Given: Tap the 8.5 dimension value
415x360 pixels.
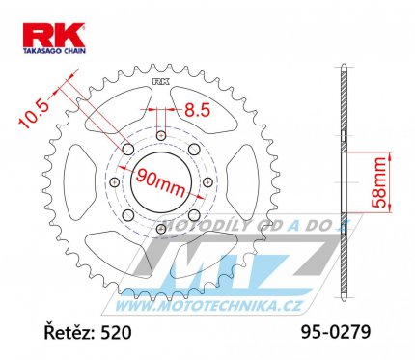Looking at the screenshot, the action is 198,110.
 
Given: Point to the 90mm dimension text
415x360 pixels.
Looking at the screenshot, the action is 161,182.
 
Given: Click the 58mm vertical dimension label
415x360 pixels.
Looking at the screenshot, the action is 377,182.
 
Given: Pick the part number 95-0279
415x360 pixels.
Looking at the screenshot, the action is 336,331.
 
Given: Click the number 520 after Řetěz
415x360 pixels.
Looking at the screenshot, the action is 116,332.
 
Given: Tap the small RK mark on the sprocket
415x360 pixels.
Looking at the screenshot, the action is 161,82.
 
